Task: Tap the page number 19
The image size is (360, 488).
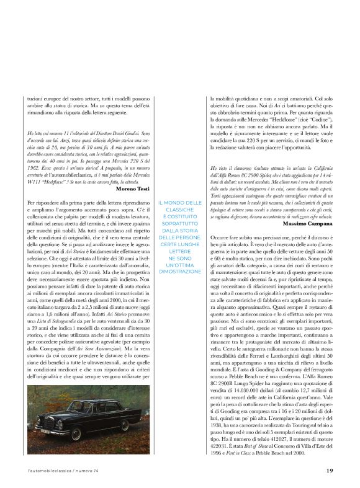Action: coord(330,471)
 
